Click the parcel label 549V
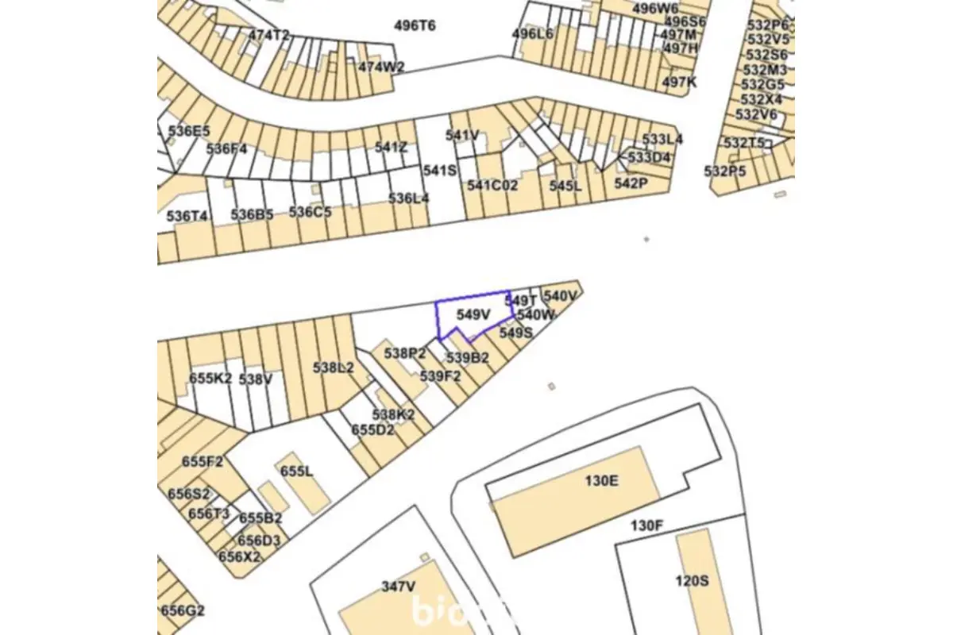pyautogui.click(x=473, y=314)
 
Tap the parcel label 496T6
pyautogui.click(x=415, y=25)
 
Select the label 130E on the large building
pyautogui.click(x=601, y=480)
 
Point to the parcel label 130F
pyautogui.click(x=646, y=525)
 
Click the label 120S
pyautogui.click(x=692, y=580)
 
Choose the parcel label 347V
pyautogui.click(x=399, y=587)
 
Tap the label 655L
pyautogui.click(x=297, y=471)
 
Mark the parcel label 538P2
pyautogui.click(x=405, y=352)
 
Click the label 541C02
pyautogui.click(x=492, y=185)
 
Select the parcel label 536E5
pyautogui.click(x=189, y=131)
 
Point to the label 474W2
pyautogui.click(x=381, y=67)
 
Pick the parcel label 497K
pyautogui.click(x=679, y=82)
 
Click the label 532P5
pyautogui.click(x=725, y=171)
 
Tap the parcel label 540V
pyautogui.click(x=561, y=295)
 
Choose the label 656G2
pyautogui.click(x=183, y=610)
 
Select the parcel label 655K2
pyautogui.click(x=210, y=379)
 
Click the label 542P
pyautogui.click(x=631, y=183)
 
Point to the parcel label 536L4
pyautogui.click(x=409, y=198)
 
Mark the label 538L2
pyautogui.click(x=334, y=368)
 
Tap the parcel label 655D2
pyautogui.click(x=373, y=429)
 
